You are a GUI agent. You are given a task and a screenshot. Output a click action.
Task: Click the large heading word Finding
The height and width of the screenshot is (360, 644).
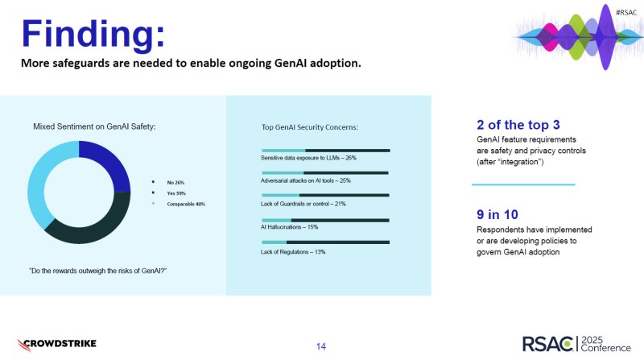coord(93,34)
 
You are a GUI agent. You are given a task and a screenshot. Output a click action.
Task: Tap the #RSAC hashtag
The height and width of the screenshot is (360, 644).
coord(626,12)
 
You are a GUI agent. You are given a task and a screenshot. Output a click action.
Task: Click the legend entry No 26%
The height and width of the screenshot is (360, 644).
coord(175,183)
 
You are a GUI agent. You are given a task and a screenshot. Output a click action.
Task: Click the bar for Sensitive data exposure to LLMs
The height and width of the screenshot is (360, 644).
coord(326,151)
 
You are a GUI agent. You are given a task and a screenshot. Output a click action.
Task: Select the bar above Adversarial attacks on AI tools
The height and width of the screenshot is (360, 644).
coord(325,173)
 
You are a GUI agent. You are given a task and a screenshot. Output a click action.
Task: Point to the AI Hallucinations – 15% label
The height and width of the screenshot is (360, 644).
coord(289,227)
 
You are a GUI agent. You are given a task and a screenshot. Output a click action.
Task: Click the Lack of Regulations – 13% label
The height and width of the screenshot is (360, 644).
coord(293,252)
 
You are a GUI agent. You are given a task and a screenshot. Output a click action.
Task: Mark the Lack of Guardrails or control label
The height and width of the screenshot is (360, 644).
coord(303,204)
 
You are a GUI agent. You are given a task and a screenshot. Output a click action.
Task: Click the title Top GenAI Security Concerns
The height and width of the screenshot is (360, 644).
coord(310,127)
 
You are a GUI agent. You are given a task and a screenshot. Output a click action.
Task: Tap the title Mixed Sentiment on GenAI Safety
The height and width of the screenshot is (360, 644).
coord(94,126)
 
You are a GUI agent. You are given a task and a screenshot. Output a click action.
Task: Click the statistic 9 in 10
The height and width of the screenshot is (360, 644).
coord(497,214)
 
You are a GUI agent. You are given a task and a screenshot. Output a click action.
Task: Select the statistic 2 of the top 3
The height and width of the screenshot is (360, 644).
coord(518,125)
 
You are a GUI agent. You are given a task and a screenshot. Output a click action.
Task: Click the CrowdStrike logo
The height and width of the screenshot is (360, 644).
coord(56,345)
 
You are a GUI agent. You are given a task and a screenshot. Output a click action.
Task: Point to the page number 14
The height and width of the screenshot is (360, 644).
coord(321,346)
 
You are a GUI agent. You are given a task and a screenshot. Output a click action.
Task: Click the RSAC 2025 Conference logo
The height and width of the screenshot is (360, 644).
coord(576,344)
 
